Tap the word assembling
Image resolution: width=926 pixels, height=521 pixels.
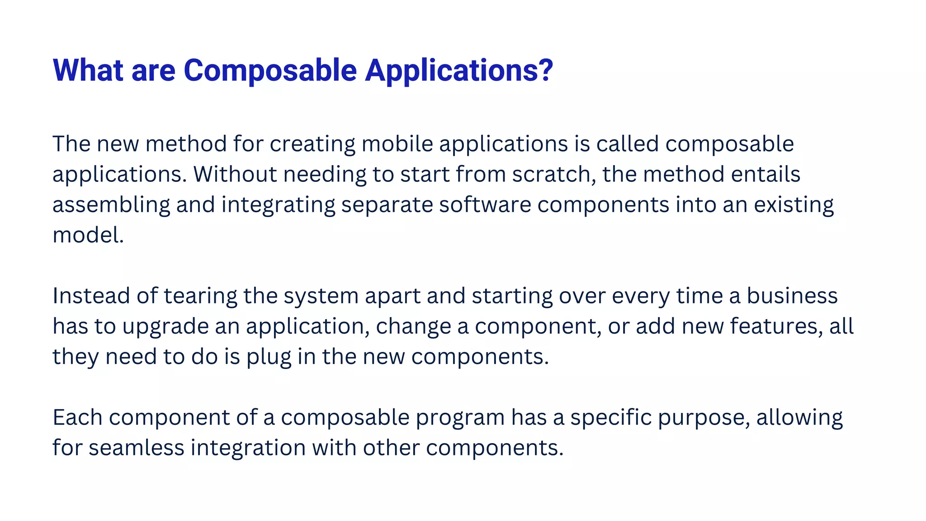tap(111, 205)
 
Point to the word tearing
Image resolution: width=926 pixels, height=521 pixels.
tap(200, 296)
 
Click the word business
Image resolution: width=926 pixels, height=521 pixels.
tap(792, 296)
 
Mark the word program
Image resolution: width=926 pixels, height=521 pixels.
tap(460, 417)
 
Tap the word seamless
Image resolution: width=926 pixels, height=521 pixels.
tap(136, 448)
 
